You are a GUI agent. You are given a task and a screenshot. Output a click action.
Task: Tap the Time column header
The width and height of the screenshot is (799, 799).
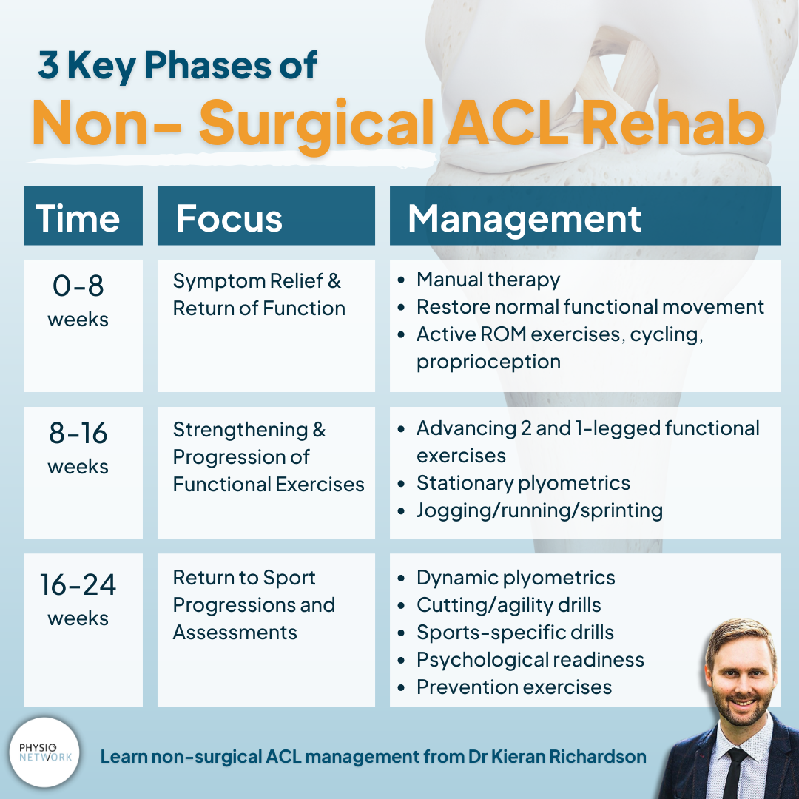tap(78, 218)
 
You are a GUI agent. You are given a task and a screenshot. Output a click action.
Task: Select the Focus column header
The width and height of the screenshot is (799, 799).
tap(229, 218)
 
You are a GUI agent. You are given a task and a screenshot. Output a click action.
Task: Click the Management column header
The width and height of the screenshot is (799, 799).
tap(525, 218)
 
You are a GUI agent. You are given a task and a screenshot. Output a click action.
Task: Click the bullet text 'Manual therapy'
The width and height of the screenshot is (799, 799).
tap(488, 280)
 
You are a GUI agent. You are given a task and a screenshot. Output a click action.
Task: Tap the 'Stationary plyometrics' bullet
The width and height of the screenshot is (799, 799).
tap(523, 483)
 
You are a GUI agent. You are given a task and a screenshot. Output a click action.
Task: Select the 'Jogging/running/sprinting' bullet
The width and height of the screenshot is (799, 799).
tap(539, 510)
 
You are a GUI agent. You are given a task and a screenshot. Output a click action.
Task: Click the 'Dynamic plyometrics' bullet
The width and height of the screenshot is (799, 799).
tap(516, 578)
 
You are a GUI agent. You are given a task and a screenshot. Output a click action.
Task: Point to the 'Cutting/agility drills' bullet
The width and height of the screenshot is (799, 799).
tap(508, 605)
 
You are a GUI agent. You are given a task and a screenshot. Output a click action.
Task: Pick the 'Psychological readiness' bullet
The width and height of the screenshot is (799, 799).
tap(530, 660)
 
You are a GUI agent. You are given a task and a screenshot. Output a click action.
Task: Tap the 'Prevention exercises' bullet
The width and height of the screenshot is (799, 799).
tap(514, 687)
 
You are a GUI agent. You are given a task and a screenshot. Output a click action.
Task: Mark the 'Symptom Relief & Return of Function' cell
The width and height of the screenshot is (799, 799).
tap(259, 294)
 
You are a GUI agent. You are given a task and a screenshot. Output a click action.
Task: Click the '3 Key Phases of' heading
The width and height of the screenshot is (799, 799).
tap(178, 66)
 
